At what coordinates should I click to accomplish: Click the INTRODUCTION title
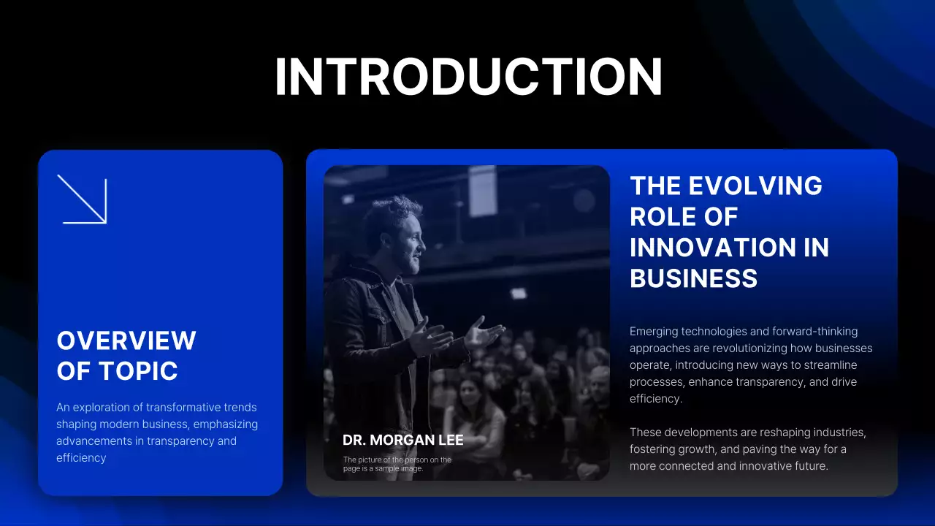[x=467, y=77]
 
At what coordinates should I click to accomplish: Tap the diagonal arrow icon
[x=83, y=199]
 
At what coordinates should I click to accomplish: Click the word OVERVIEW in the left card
[x=126, y=340]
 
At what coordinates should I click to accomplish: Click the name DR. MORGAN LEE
[x=402, y=441]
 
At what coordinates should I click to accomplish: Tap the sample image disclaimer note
[x=397, y=464]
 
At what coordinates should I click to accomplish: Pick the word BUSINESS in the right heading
[x=693, y=278]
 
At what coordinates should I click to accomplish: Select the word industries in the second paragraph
[x=839, y=432]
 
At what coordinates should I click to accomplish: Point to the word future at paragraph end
[x=809, y=466]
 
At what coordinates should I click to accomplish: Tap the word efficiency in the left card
[x=81, y=458]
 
